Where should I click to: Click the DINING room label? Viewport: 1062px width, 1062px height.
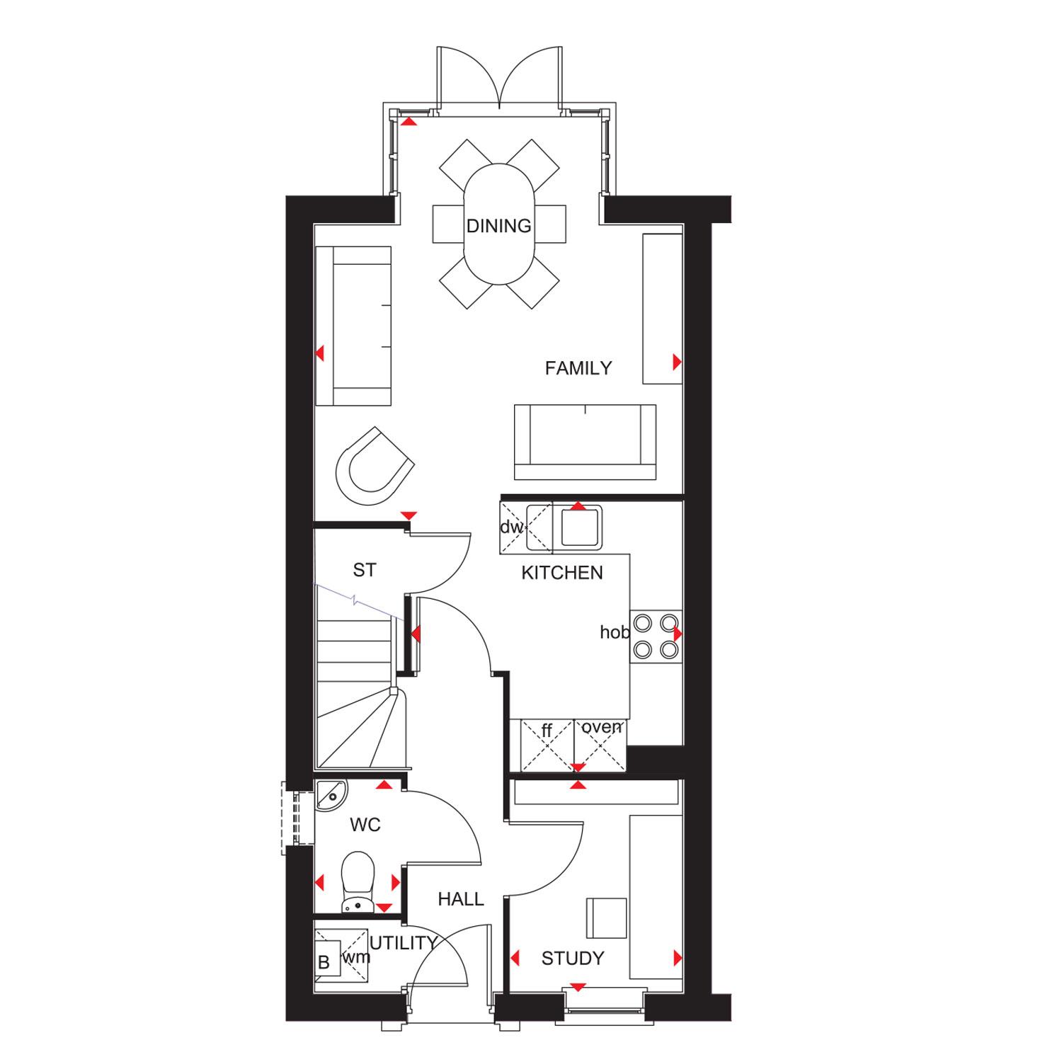click(498, 226)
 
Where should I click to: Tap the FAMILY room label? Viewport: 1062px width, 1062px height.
click(578, 368)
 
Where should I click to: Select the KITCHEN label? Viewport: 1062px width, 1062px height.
click(562, 573)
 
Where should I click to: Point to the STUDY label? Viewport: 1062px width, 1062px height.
click(573, 959)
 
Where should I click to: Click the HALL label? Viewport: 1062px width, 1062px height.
click(461, 899)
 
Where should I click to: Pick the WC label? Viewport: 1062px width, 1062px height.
click(365, 825)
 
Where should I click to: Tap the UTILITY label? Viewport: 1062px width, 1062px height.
click(402, 943)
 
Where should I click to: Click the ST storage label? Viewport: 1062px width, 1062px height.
click(365, 570)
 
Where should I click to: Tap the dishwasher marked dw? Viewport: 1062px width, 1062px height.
click(513, 527)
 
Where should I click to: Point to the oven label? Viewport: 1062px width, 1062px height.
click(603, 727)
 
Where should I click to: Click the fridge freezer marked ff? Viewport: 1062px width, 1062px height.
click(547, 745)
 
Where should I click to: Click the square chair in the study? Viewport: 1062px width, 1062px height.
click(607, 918)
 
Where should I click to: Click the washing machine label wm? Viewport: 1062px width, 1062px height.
click(357, 958)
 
